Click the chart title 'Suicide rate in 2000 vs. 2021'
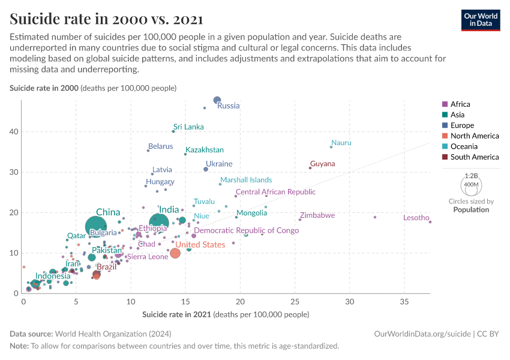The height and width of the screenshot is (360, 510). (106, 19)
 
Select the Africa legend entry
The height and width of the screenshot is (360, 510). (460, 104)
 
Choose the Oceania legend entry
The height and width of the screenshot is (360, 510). (463, 146)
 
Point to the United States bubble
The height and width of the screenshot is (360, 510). (175, 253)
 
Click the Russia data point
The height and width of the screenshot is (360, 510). (217, 100)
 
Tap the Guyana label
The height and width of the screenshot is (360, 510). (322, 164)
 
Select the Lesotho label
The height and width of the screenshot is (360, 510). (416, 218)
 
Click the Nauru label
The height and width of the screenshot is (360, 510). (341, 143)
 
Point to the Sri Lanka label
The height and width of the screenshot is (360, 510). (188, 127)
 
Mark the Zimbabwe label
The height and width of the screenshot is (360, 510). (317, 215)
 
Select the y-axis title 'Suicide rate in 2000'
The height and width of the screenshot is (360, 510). (93, 88)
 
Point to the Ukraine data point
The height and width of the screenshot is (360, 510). (206, 169)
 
